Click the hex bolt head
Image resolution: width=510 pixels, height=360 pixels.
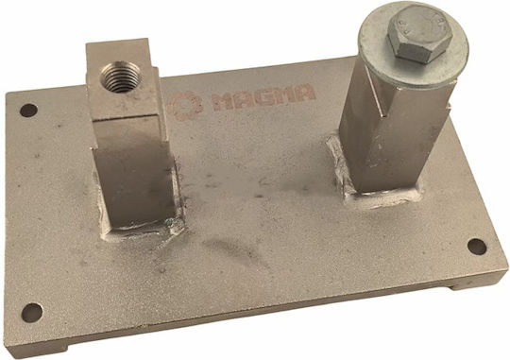coord(419,34)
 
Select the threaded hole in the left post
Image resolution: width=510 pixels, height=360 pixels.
coord(120,77)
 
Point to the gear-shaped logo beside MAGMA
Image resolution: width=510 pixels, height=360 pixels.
coord(185,106)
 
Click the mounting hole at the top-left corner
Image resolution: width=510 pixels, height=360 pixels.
coord(28,111)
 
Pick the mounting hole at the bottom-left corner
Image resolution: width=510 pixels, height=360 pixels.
coord(32,313)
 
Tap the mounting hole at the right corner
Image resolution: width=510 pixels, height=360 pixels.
coord(477,247)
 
